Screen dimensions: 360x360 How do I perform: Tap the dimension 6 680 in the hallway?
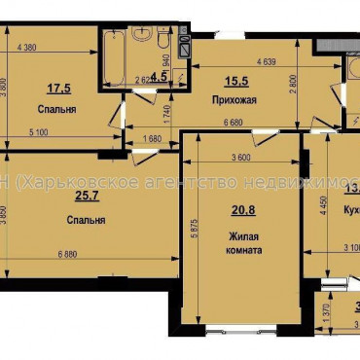pyautogui.click(x=233, y=122)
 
